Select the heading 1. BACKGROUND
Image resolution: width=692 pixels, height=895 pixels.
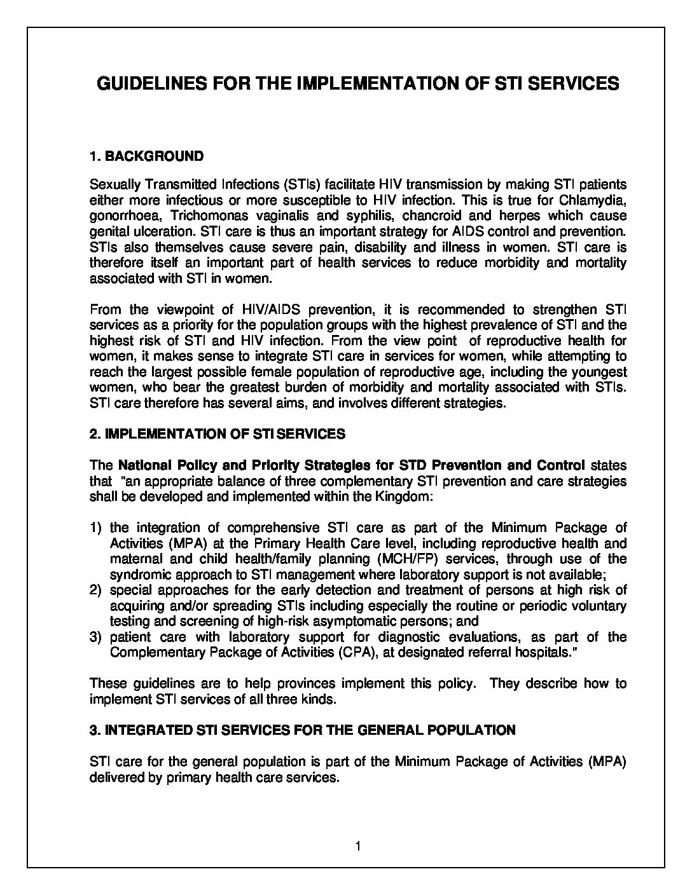pos(147,156)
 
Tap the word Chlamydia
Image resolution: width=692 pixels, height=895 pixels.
pos(593,200)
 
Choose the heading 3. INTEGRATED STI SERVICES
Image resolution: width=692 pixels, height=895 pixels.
pos(302,730)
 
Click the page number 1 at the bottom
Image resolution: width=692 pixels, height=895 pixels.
pos(359,846)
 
